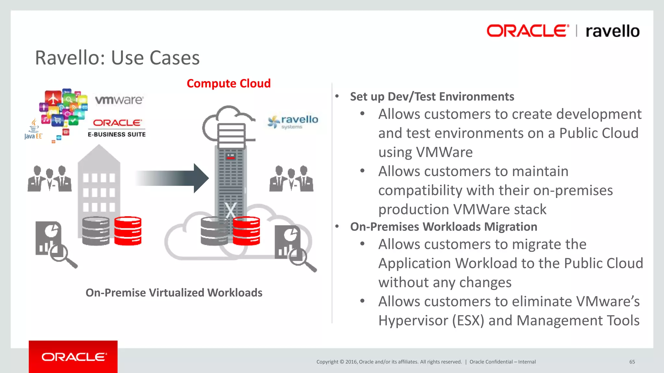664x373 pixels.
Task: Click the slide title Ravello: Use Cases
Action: click(117, 58)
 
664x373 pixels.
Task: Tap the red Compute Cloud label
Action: click(229, 84)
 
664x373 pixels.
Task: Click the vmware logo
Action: click(119, 100)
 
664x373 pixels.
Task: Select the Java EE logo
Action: click(33, 130)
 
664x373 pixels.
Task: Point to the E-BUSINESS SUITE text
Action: click(117, 134)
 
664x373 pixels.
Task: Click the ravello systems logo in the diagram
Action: click(293, 122)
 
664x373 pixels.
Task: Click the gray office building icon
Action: click(99, 181)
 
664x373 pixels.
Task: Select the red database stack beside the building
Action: click(128, 231)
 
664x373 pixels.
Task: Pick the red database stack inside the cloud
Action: click(246, 231)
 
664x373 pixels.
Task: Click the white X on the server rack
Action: click(231, 210)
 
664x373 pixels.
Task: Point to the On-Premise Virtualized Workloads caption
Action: click(174, 293)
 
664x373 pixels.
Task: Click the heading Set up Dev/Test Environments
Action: click(432, 96)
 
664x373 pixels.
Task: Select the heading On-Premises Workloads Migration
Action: click(444, 227)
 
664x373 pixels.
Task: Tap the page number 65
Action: click(632, 362)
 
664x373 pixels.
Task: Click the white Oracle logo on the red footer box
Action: click(74, 357)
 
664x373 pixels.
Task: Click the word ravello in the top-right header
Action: click(612, 31)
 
